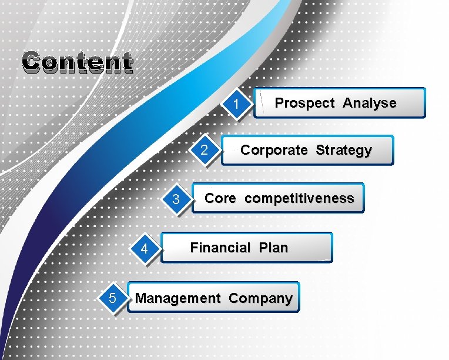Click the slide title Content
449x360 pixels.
point(77,62)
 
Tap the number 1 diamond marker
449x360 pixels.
point(236,105)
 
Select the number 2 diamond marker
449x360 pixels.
point(204,151)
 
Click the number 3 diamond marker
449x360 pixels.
point(176,200)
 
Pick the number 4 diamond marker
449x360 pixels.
point(144,249)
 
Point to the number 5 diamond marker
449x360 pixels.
point(112,299)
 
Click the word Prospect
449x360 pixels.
point(304,104)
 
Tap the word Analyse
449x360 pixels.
point(369,104)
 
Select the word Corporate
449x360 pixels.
point(273,150)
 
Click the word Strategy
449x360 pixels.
point(343,151)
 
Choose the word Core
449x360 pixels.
point(220,198)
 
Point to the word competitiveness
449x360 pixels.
point(299,199)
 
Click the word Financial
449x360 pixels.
point(220,248)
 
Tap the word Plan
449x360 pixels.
point(273,248)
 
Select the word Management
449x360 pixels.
point(177,298)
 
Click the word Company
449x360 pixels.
point(260,299)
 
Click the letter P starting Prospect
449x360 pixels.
point(280,104)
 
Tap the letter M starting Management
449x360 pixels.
point(141,298)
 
